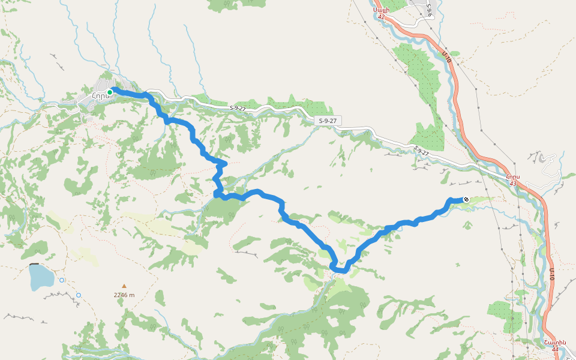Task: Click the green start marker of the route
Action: (110, 92)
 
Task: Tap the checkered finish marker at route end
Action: (466, 199)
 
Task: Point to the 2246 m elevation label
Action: (124, 295)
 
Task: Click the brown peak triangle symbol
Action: (124, 286)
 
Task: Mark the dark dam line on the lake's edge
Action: (35, 264)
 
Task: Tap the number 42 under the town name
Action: (381, 17)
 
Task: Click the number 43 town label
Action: (512, 183)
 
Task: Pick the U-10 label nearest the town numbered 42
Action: (446, 58)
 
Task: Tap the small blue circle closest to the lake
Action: (62, 280)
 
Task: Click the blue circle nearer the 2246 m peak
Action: (79, 295)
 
